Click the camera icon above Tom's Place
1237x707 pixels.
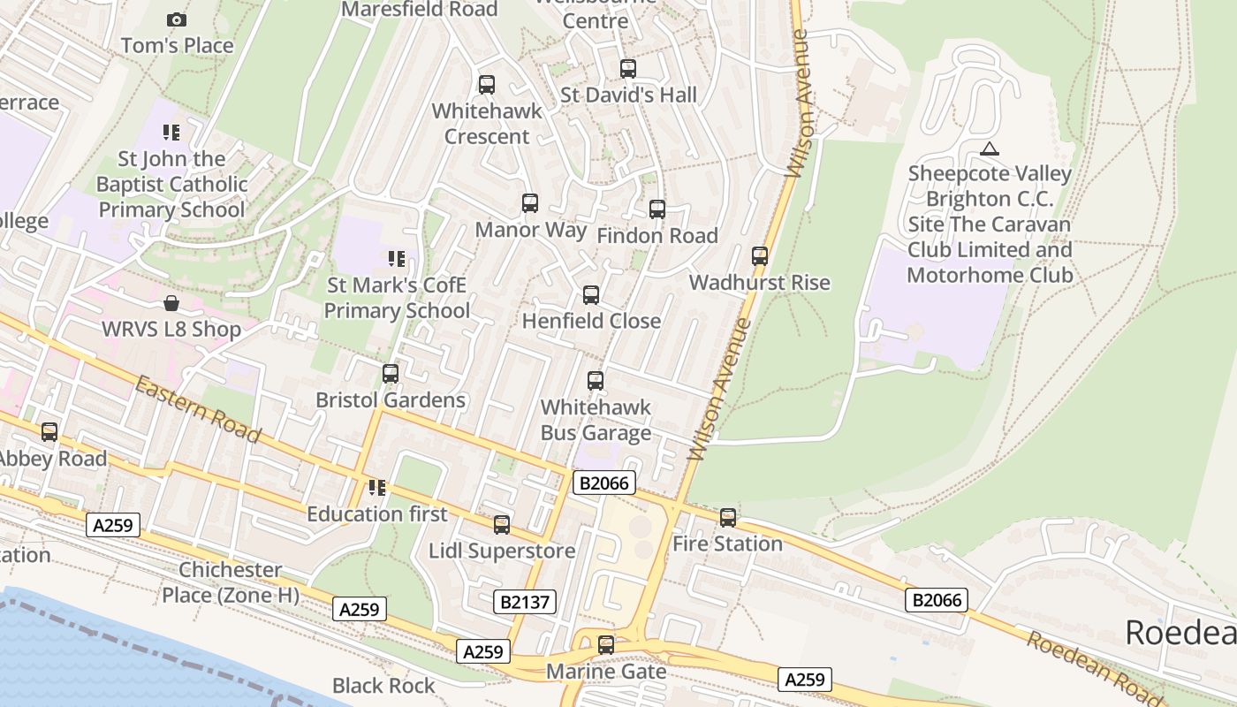[177, 19]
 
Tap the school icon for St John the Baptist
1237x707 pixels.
[171, 133]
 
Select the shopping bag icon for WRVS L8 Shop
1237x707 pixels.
[171, 303]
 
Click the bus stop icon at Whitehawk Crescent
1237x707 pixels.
[486, 85]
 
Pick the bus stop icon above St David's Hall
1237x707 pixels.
[628, 68]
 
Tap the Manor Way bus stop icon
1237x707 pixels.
[530, 203]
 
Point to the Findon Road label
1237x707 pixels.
[657, 236]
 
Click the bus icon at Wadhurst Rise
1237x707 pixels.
[760, 256]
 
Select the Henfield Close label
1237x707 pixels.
[591, 321]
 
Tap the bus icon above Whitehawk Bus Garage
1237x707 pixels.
[596, 381]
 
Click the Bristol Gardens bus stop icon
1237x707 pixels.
[391, 374]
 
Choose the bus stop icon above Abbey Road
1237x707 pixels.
[49, 432]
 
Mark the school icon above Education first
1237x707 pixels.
[377, 488]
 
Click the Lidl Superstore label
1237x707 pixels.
[502, 551]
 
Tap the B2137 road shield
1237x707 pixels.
[525, 603]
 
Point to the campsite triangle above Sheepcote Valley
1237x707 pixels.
[990, 148]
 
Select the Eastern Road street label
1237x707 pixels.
[198, 409]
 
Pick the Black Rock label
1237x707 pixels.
[383, 686]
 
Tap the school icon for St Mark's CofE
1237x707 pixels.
[397, 259]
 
